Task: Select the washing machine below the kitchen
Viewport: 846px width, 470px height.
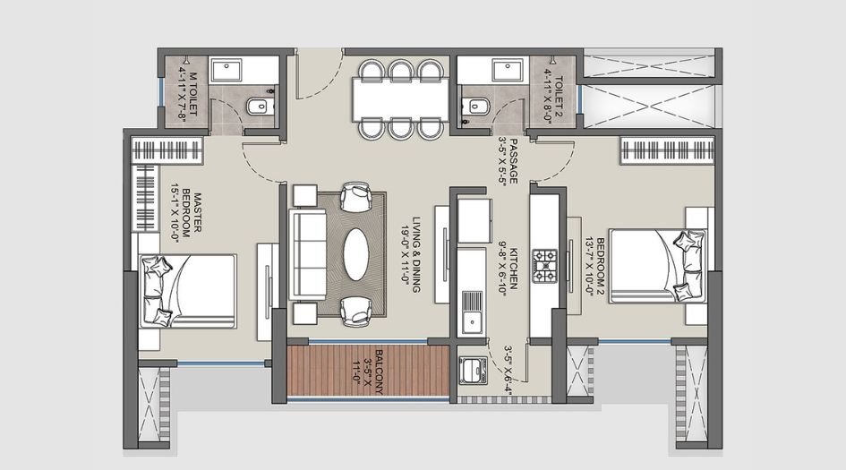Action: tap(472, 370)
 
